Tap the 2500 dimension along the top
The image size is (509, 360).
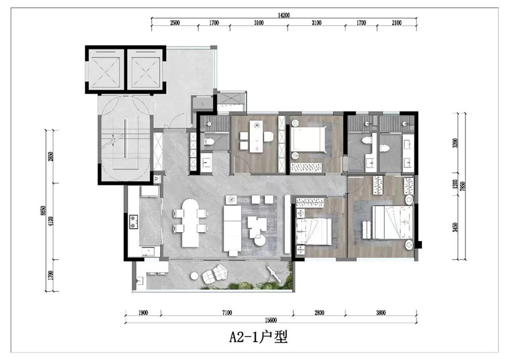click(x=174, y=23)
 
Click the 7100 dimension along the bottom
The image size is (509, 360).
click(x=226, y=313)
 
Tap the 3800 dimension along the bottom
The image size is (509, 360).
click(x=381, y=313)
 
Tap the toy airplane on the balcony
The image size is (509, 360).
click(x=273, y=272)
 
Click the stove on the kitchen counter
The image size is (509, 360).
click(x=133, y=222)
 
